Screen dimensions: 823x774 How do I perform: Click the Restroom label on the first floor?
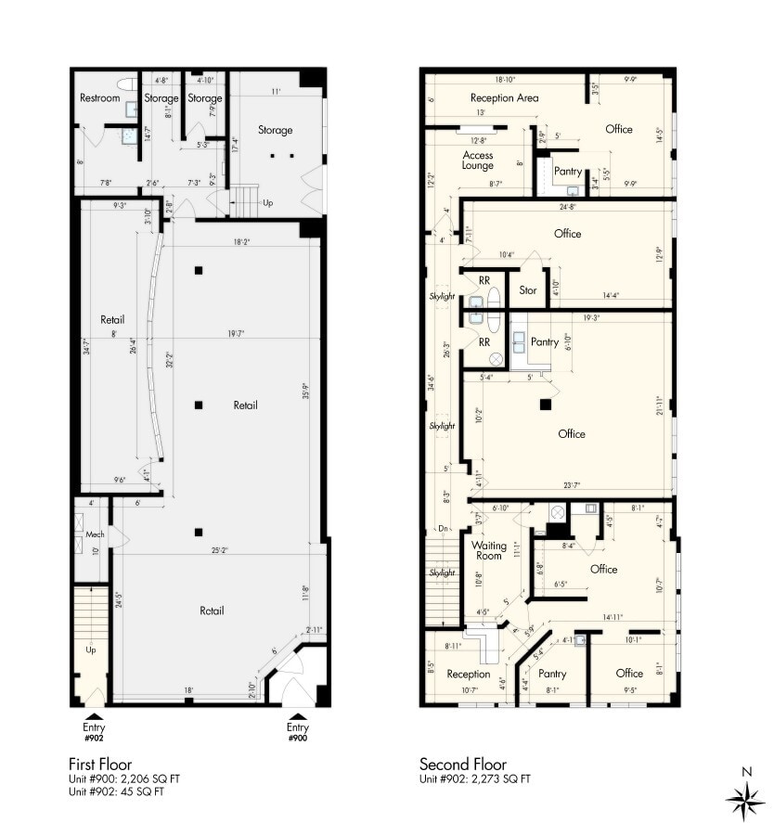coord(100,98)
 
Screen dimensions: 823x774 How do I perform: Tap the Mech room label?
coord(94,535)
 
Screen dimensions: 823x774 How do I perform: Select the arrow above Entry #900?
coord(297,716)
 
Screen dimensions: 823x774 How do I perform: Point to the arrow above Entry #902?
coord(94,716)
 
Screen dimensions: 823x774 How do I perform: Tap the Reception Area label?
coord(504,98)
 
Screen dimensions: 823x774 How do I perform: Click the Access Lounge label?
coord(478,161)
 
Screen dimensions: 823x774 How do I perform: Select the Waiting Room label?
coord(489,551)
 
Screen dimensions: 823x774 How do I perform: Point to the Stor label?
coord(528,290)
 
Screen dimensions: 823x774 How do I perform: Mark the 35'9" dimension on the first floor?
coord(305,389)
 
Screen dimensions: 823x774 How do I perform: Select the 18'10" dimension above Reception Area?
coord(505,80)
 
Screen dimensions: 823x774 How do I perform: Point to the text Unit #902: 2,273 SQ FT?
coord(475,779)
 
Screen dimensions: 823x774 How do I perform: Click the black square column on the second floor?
coord(547,405)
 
